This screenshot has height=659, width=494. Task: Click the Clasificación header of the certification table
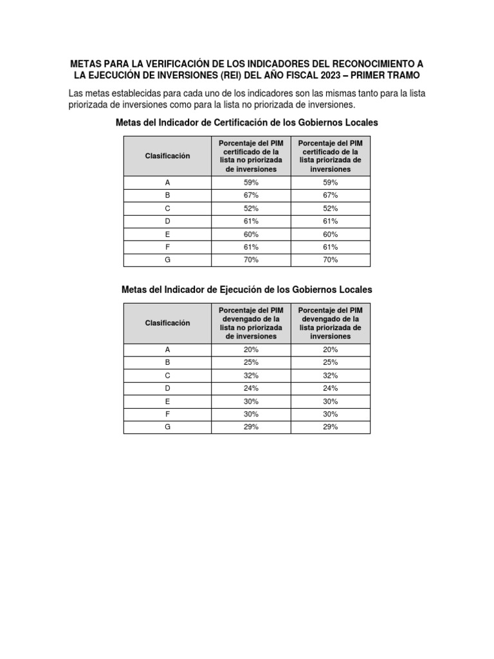pyautogui.click(x=167, y=156)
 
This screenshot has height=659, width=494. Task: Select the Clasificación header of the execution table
pyautogui.click(x=167, y=323)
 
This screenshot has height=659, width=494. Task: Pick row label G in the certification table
pyautogui.click(x=167, y=260)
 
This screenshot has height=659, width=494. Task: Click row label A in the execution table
pyautogui.click(x=167, y=349)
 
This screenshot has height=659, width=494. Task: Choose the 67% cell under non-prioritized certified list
pyautogui.click(x=250, y=196)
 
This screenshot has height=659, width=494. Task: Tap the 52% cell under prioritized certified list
pyautogui.click(x=331, y=209)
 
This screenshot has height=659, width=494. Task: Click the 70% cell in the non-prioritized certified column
pyautogui.click(x=250, y=260)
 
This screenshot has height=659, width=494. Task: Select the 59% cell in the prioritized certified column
pyautogui.click(x=331, y=183)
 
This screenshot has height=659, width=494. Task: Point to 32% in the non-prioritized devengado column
pyautogui.click(x=250, y=375)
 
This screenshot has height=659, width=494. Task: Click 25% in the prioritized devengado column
pyautogui.click(x=331, y=362)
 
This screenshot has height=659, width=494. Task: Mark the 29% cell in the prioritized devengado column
pyautogui.click(x=331, y=427)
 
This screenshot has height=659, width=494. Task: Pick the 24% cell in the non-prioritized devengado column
pyautogui.click(x=250, y=388)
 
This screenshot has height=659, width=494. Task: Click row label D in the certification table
pyautogui.click(x=167, y=221)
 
